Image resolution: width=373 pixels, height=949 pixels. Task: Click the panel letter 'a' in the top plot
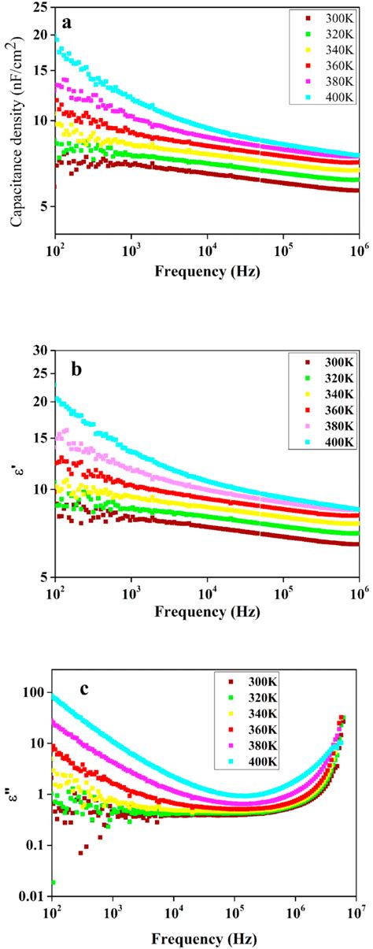point(68,23)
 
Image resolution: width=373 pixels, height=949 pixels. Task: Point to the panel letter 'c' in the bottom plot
point(83,689)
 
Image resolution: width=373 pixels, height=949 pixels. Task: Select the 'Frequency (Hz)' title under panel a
point(207,272)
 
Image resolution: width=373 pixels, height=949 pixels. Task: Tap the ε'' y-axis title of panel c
point(12,791)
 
